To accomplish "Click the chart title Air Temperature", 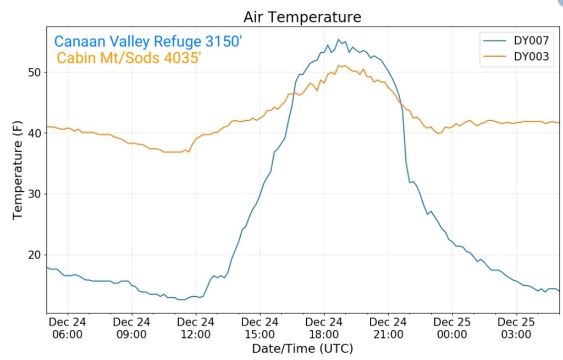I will pos(302,17).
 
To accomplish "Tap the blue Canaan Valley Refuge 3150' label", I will pos(148,41).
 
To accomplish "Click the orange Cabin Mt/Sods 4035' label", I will pos(129,58).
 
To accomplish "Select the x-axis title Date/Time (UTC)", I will pos(302,348).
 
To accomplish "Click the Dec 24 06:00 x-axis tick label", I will pos(67,328).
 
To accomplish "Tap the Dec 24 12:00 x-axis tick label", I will pos(196,328).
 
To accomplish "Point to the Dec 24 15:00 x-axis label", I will pos(260,328).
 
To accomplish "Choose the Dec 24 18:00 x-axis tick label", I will pos(324,328).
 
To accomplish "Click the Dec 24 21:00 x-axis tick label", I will pos(388,328).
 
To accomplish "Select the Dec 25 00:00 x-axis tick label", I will pos(452,328).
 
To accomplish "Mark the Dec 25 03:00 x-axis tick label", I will pos(516,328).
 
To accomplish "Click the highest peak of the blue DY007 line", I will pos(338,40).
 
